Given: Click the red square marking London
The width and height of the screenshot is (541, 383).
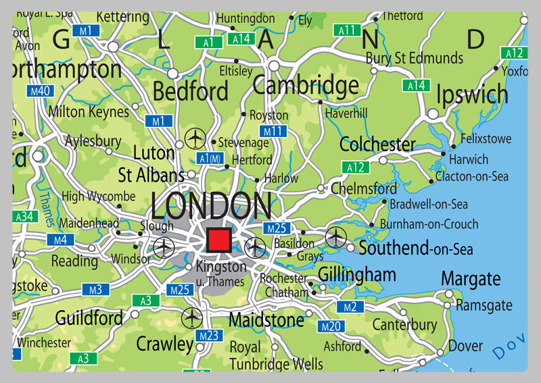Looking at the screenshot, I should [218, 240].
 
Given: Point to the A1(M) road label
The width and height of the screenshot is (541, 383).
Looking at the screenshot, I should [211, 158].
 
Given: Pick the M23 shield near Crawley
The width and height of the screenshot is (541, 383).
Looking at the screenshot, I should [208, 336].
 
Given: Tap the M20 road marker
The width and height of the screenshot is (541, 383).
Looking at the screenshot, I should [331, 327].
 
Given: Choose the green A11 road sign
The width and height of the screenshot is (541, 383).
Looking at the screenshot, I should [348, 30].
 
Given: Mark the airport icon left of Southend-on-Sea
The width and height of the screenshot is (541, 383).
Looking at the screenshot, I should [335, 237].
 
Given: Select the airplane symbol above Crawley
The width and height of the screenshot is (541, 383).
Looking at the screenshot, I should [193, 316].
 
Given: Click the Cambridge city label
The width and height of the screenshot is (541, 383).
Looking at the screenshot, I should [306, 86].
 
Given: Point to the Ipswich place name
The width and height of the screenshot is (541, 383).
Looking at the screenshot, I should [472, 95].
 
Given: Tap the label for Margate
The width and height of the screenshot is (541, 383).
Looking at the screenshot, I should [471, 278].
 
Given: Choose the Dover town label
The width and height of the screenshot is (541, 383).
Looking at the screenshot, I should [466, 347].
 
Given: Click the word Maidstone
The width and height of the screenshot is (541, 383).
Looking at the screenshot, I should [266, 319].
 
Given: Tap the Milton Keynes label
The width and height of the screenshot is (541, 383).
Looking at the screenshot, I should [88, 111].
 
